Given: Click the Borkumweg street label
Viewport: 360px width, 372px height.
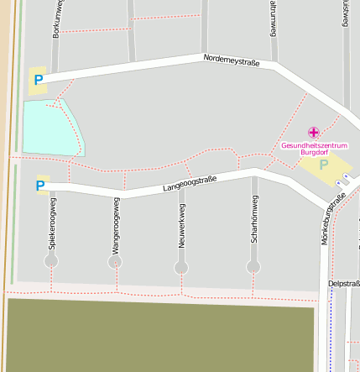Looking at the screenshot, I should click(57, 18).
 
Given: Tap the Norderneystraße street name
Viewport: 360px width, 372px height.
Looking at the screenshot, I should click(231, 60).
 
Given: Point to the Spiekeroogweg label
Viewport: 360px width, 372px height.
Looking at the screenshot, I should click(52, 224).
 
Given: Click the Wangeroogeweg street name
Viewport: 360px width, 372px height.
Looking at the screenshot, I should click(115, 225).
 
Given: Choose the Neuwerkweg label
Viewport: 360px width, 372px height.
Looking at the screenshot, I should click(181, 228).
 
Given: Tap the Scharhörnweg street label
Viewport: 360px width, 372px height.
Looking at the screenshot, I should click(253, 219).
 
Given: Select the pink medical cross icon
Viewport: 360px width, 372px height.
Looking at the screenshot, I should click(314, 132).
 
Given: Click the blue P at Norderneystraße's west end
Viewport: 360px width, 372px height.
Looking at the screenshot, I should click(38, 81).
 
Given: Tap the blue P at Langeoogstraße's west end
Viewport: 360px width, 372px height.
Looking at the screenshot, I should click(40, 186).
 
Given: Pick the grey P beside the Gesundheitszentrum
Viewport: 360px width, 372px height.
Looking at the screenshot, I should click(323, 165).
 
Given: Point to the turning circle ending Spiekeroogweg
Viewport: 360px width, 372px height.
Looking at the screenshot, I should click(51, 261).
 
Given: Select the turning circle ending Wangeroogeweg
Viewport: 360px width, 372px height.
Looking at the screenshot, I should click(115, 262).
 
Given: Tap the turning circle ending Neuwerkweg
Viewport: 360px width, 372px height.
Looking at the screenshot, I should click(181, 268).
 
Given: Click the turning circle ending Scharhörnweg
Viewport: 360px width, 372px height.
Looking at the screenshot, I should click(253, 267).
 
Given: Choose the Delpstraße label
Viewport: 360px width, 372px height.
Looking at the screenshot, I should click(344, 284).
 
